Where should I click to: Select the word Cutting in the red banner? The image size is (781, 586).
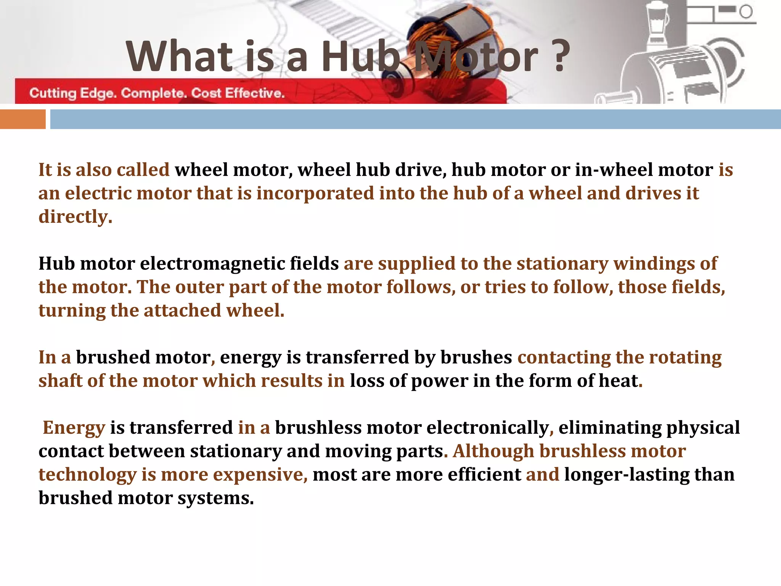pyautogui.click(x=53, y=93)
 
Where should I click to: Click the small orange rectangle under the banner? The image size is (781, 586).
pyautogui.click(x=23, y=119)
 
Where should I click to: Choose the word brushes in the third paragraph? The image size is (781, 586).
pyautogui.click(x=476, y=357)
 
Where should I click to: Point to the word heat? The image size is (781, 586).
pyautogui.click(x=618, y=381)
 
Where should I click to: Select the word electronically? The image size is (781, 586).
pyautogui.click(x=488, y=428)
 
